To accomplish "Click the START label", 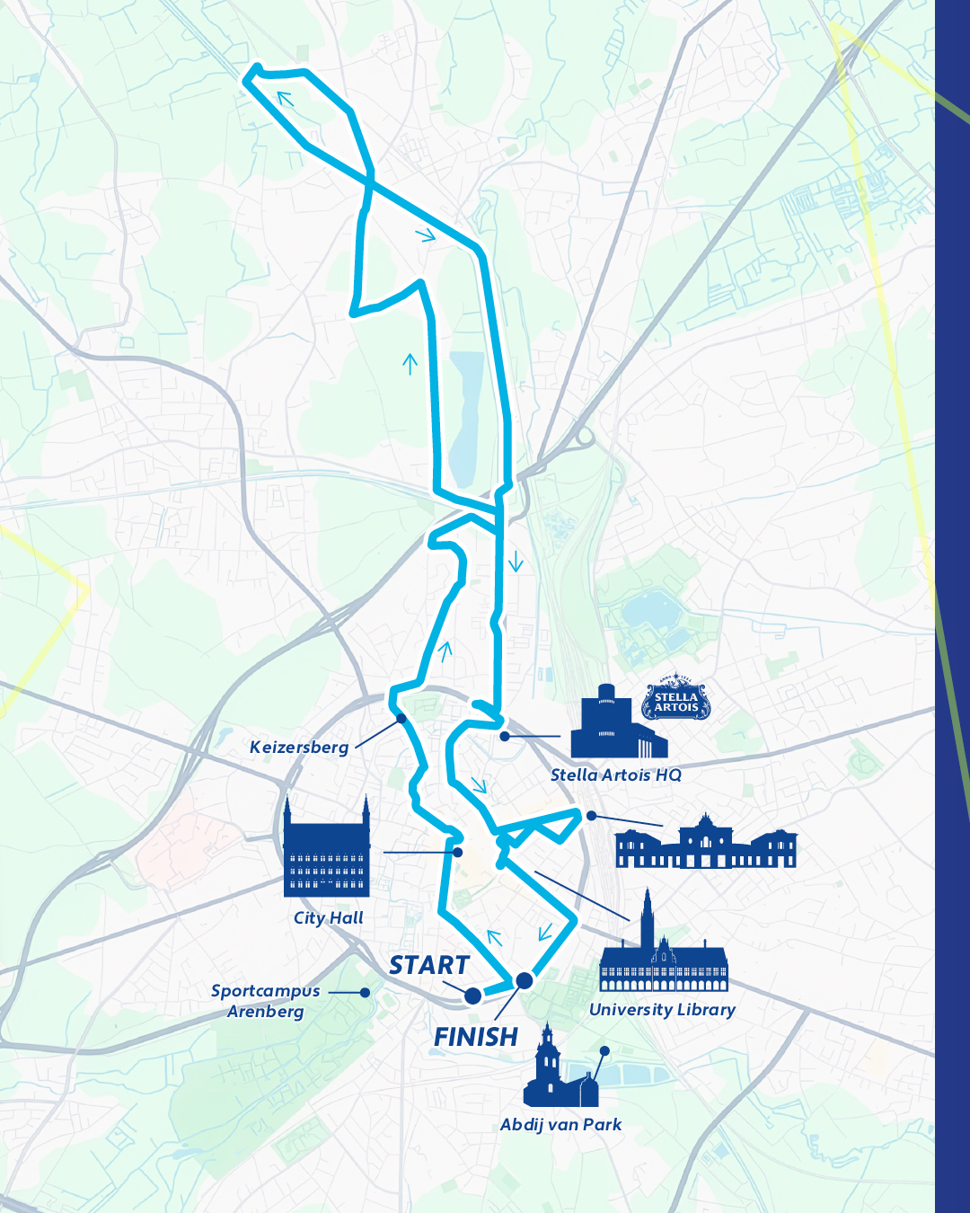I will pyautogui.click(x=429, y=965).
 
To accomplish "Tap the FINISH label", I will pyautogui.click(x=476, y=1037).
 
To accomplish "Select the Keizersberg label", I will pyautogui.click(x=299, y=748).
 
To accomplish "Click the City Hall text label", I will pyautogui.click(x=329, y=917).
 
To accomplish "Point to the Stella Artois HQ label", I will pyautogui.click(x=616, y=775).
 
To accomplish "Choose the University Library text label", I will pyautogui.click(x=662, y=1010).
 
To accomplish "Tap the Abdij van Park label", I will pyautogui.click(x=561, y=1124).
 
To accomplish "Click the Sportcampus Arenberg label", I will pyautogui.click(x=265, y=1001).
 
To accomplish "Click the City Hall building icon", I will pyautogui.click(x=326, y=849).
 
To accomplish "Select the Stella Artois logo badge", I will pyautogui.click(x=676, y=702).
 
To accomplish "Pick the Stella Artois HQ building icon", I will pyautogui.click(x=618, y=724).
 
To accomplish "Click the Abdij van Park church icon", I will pyautogui.click(x=559, y=1069).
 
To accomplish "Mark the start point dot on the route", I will pyautogui.click(x=472, y=996).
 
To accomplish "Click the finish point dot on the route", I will pyautogui.click(x=524, y=980).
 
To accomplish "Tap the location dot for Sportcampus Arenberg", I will pyautogui.click(x=365, y=993).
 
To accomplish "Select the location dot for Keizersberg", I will pyautogui.click(x=401, y=719).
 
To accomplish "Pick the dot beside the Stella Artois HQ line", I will pyautogui.click(x=505, y=736).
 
